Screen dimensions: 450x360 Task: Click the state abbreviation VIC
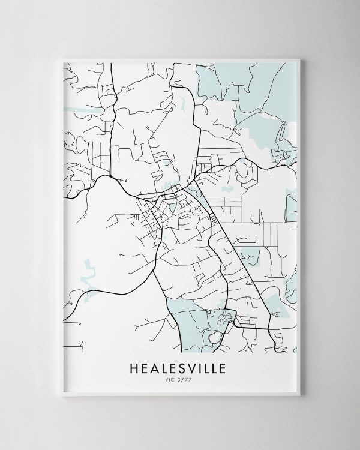(171, 379)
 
